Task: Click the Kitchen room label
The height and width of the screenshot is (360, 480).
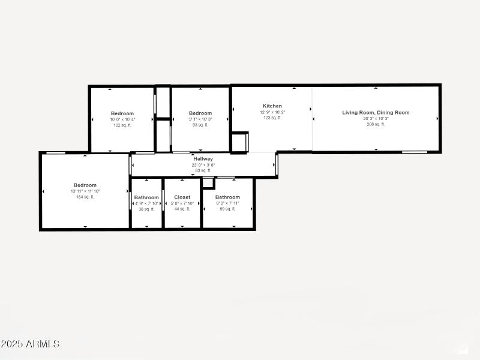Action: tap(272, 106)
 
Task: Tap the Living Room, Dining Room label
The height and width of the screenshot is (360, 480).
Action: tap(376, 113)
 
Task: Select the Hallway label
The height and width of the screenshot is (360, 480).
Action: tap(203, 159)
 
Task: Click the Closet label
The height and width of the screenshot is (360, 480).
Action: tap(182, 197)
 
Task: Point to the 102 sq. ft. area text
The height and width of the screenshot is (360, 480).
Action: tap(122, 125)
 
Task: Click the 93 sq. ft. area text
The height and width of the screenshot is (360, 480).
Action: tap(200, 125)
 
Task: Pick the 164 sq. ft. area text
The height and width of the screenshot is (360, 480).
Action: tap(85, 197)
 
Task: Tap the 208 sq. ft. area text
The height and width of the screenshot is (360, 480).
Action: tap(376, 125)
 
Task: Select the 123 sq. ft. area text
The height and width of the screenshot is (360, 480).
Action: tap(272, 118)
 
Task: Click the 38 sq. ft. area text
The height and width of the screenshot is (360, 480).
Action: tap(146, 209)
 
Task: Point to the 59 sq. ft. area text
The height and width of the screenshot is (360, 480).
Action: tap(227, 209)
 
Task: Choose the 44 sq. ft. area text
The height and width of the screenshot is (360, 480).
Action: tap(182, 209)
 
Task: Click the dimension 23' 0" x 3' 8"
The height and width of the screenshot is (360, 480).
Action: tap(203, 165)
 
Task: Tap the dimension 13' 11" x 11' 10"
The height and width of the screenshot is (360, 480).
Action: tap(85, 191)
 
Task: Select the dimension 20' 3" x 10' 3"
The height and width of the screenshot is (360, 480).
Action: tap(376, 119)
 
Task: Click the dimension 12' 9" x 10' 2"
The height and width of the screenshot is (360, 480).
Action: tap(272, 112)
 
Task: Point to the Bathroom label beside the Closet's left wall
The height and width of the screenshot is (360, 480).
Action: tap(146, 197)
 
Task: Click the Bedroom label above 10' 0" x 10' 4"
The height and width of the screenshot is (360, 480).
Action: tap(122, 113)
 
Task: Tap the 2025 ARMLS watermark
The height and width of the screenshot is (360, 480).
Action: tap(30, 344)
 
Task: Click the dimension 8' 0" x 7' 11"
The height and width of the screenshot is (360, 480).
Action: tap(227, 203)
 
